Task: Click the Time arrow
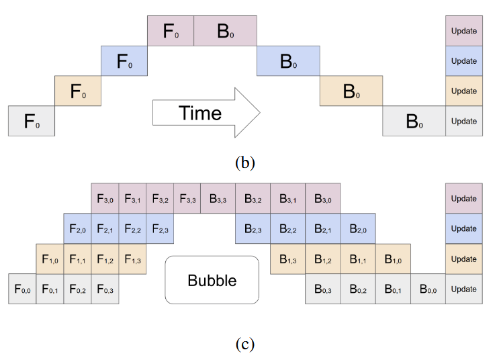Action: [x=206, y=113]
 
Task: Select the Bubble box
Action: [x=212, y=280]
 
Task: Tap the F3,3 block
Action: [x=187, y=198]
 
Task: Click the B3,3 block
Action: [x=218, y=198]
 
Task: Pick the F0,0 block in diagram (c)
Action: [x=22, y=289]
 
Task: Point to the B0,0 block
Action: [x=428, y=289]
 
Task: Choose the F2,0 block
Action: [x=77, y=228]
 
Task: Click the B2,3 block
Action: [x=253, y=228]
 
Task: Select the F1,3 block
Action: [x=132, y=259]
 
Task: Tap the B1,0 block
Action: [x=393, y=259]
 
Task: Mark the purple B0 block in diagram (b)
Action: [x=225, y=31]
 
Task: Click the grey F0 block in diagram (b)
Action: [x=32, y=121]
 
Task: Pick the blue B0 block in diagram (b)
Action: [x=288, y=61]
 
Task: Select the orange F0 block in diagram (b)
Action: [x=78, y=91]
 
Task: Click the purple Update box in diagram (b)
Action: [x=464, y=31]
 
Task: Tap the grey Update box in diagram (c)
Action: [x=464, y=289]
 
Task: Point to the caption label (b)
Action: [x=245, y=163]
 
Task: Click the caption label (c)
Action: [x=245, y=344]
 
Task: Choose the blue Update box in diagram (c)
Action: [x=464, y=228]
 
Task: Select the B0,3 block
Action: [x=322, y=289]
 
